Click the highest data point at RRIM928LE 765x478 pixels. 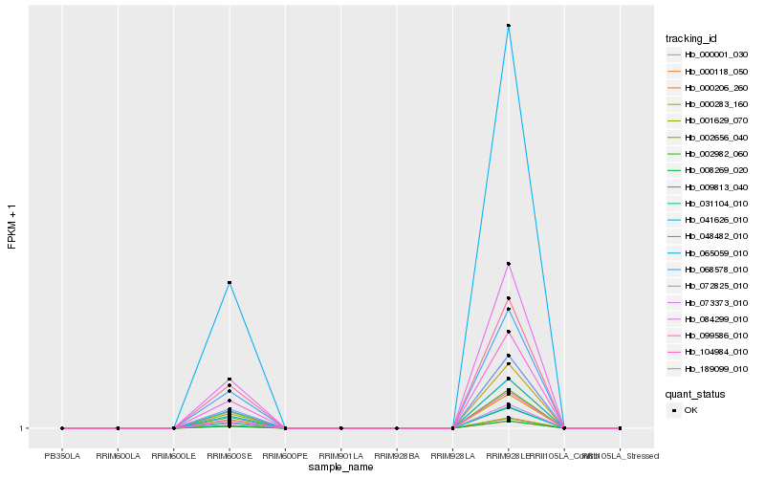(509, 26)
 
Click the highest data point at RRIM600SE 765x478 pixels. (229, 283)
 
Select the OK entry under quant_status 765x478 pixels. (690, 409)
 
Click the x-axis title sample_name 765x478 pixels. (341, 467)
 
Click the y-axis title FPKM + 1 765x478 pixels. (12, 227)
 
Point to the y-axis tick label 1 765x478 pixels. (21, 428)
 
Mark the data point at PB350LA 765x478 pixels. (62, 428)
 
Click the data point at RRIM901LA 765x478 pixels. (341, 428)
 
